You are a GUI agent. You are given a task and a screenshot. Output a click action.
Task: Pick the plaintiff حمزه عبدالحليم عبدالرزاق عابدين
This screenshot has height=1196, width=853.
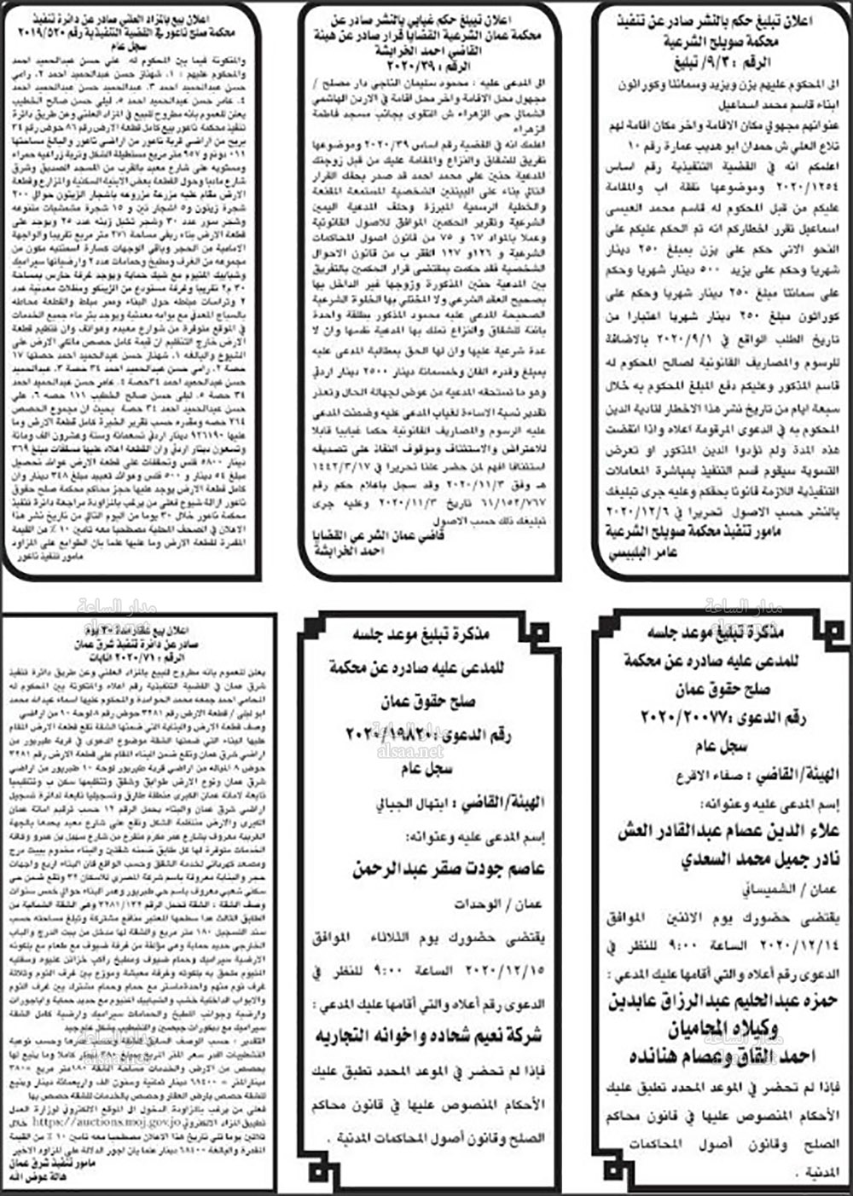[727, 1001]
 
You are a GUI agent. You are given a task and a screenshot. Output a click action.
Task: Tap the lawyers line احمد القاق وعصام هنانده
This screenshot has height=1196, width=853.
[728, 1056]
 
